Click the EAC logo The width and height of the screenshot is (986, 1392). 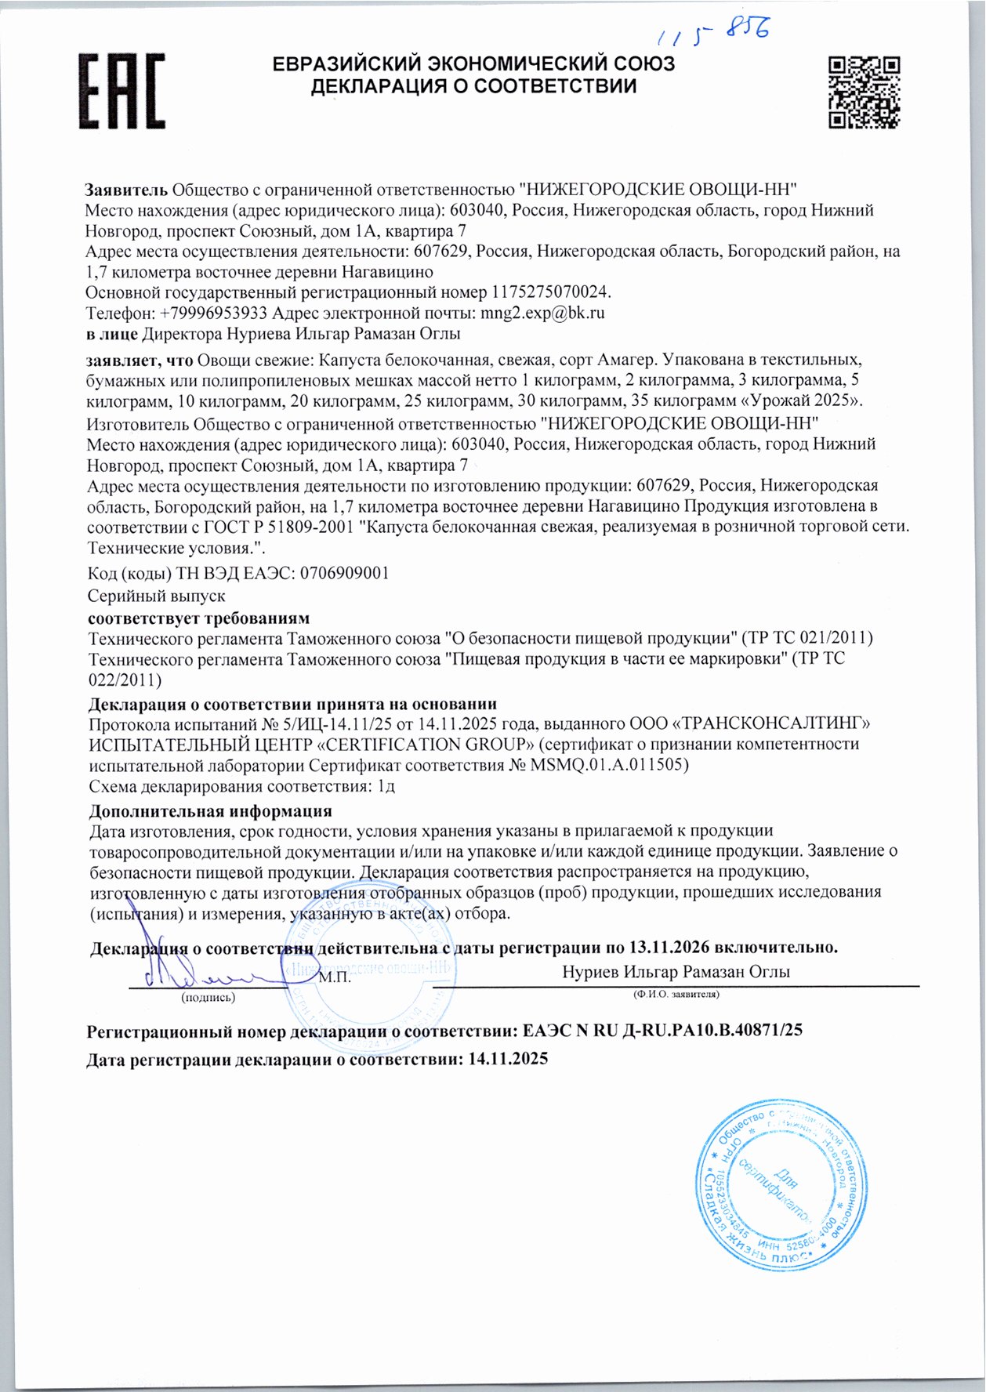pyautogui.click(x=121, y=91)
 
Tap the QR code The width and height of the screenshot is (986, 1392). pyautogui.click(x=865, y=91)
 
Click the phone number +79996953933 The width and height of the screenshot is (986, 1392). pyautogui.click(x=213, y=313)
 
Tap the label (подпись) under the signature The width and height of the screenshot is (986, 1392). pyautogui.click(x=208, y=997)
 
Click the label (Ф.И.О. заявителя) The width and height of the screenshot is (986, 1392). pyautogui.click(x=676, y=994)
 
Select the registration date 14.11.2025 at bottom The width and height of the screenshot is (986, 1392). pyautogui.click(x=508, y=1060)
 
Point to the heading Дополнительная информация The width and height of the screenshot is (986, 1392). pyautogui.click(x=210, y=810)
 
